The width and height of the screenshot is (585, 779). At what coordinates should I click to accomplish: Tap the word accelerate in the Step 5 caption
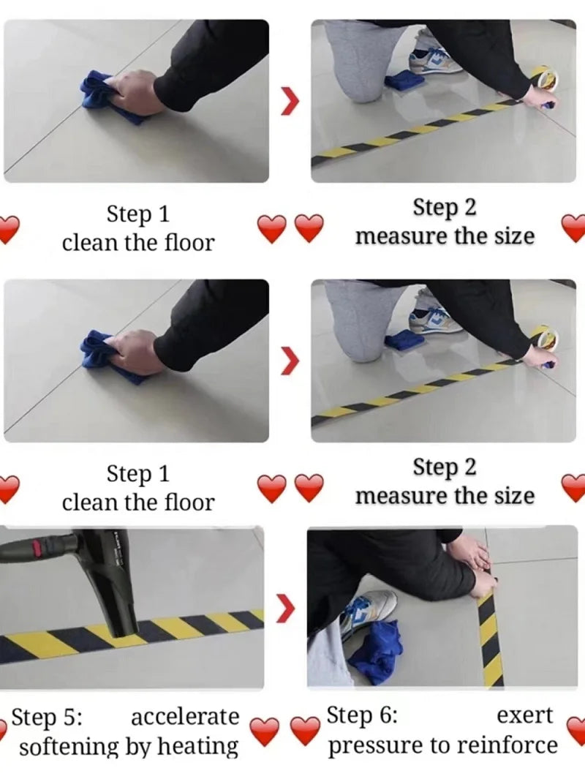(184, 717)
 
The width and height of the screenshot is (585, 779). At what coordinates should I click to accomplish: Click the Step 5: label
(48, 717)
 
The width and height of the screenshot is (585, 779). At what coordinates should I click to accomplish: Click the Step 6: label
(361, 715)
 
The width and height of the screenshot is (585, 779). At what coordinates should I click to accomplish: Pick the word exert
(524, 715)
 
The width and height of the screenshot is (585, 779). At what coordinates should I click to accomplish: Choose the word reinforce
(507, 746)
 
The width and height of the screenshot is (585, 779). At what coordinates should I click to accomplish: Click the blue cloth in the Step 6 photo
(374, 651)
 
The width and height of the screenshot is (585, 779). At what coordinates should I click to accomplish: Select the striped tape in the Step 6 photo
(490, 636)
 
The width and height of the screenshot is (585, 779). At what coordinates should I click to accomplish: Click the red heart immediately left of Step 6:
(306, 730)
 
